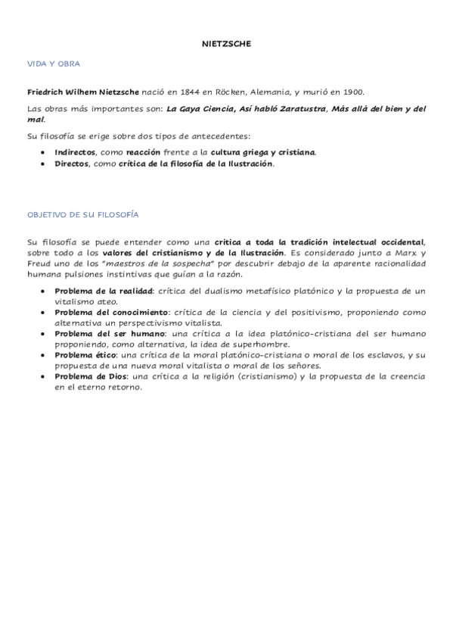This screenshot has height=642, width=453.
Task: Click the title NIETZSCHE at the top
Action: (x=226, y=44)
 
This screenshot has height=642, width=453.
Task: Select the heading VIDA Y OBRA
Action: (x=53, y=64)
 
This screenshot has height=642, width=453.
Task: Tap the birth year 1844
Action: (x=189, y=92)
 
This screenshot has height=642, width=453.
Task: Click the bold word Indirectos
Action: (x=74, y=151)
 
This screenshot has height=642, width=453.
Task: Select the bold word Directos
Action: (x=71, y=163)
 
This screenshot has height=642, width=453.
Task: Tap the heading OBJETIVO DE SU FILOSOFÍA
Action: (x=82, y=215)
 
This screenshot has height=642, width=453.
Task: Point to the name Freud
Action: (x=39, y=263)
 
